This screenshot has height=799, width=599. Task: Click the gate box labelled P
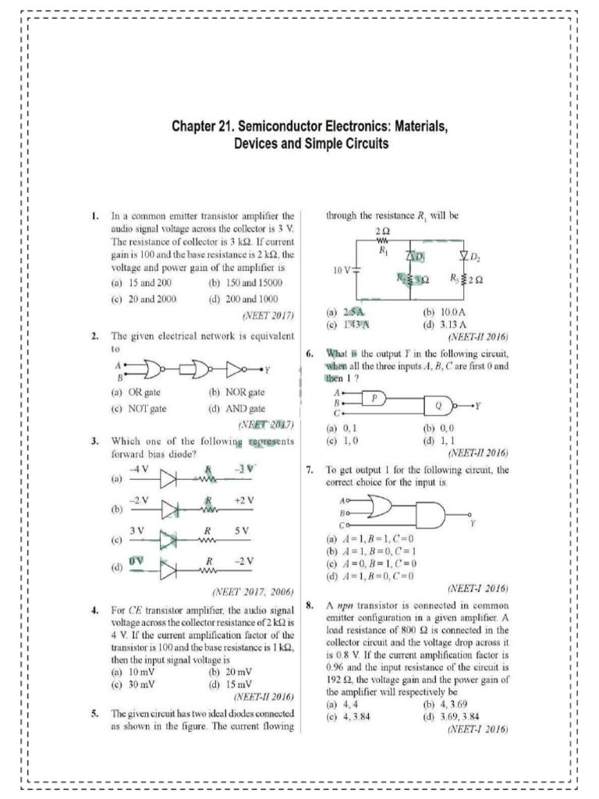[374, 397]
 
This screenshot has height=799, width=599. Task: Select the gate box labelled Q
[437, 406]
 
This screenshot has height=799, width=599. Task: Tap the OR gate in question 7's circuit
[380, 508]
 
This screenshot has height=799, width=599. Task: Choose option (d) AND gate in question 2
[237, 408]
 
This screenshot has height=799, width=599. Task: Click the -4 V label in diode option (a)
[138, 469]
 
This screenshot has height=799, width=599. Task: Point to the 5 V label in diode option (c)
[241, 531]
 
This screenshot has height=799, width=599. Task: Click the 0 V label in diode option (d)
[136, 561]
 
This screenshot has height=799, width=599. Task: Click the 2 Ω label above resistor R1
[383, 232]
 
